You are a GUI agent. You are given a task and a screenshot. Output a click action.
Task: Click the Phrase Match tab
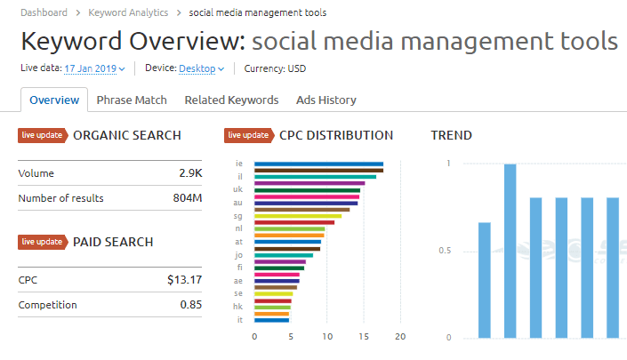[x=132, y=100]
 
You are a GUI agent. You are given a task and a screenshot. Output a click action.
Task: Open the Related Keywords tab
[x=231, y=100]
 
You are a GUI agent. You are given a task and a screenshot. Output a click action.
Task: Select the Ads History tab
[x=326, y=100]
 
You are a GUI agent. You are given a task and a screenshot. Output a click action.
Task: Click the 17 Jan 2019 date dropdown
[x=94, y=68]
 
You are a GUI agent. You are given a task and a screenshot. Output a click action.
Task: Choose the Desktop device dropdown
[x=201, y=68]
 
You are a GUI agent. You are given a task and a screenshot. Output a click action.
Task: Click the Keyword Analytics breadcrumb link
[x=128, y=12]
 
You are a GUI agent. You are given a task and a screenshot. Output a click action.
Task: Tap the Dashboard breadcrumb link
[x=44, y=12]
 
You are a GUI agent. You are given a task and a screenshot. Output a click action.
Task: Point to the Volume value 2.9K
[x=190, y=173]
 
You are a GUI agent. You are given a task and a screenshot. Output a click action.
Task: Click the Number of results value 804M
[x=188, y=198]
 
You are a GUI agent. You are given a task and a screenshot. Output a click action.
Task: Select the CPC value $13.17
[x=185, y=280]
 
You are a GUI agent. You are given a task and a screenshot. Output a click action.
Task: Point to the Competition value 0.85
[x=191, y=305]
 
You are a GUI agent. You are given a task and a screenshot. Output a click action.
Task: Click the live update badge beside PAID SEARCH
[x=43, y=242]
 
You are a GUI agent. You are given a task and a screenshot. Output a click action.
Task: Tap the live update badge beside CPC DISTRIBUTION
[x=249, y=135]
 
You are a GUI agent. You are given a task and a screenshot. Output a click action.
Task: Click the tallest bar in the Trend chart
[x=510, y=252]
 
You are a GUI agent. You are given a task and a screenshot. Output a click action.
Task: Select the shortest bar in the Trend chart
[x=485, y=281]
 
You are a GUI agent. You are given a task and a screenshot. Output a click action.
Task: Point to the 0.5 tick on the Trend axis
[x=445, y=251]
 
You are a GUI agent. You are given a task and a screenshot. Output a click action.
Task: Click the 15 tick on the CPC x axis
[x=364, y=337]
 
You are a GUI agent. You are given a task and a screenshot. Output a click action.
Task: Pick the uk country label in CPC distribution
[x=238, y=189]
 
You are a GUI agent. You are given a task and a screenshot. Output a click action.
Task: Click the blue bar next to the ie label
[x=318, y=164]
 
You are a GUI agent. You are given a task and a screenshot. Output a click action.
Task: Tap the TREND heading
[x=452, y=135]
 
